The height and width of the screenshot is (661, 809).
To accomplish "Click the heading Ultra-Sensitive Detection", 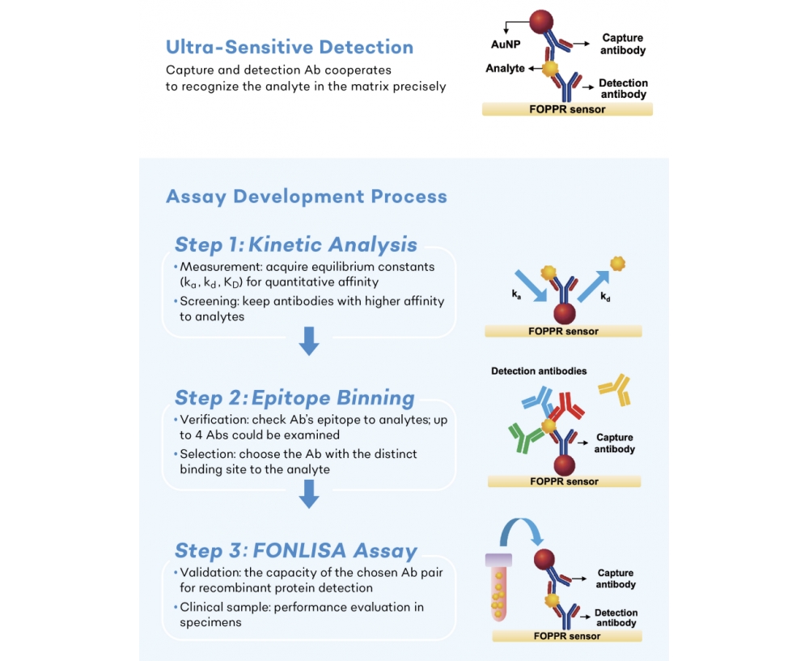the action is tap(290, 47).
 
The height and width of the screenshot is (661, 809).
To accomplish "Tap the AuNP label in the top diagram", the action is tap(506, 44).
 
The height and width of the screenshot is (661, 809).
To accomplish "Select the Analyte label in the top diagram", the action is tap(505, 68).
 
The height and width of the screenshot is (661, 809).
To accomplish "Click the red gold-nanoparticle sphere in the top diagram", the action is tap(541, 22).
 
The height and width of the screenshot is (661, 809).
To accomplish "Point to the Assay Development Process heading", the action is tap(307, 197).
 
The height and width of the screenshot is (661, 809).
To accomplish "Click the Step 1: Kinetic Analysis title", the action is tap(295, 244).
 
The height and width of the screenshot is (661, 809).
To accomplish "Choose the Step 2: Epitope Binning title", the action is tap(294, 398).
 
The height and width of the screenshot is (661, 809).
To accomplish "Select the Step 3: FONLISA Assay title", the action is tap(295, 551).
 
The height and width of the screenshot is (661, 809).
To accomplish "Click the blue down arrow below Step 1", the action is tap(309, 341).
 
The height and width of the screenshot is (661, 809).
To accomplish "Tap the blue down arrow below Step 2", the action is tap(309, 494).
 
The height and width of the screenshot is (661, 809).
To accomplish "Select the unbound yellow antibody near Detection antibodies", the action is tap(615, 390).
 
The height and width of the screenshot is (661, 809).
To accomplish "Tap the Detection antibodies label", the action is tap(539, 371).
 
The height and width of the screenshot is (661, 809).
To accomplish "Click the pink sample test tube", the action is tap(498, 587).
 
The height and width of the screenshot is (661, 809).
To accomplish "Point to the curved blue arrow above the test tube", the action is tap(521, 523).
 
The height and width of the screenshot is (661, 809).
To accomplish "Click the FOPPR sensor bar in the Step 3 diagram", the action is tap(567, 636).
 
